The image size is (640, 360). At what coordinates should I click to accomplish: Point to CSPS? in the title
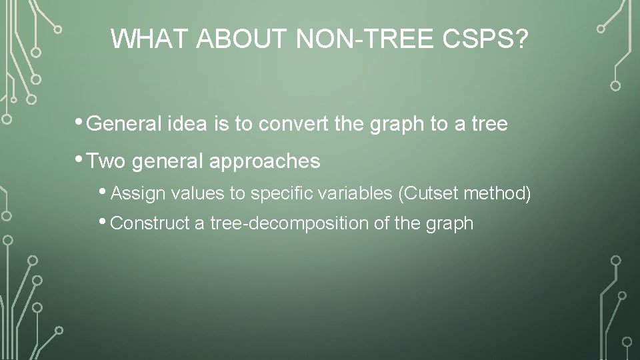point(485,39)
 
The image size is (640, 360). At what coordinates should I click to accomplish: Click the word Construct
point(150,223)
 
